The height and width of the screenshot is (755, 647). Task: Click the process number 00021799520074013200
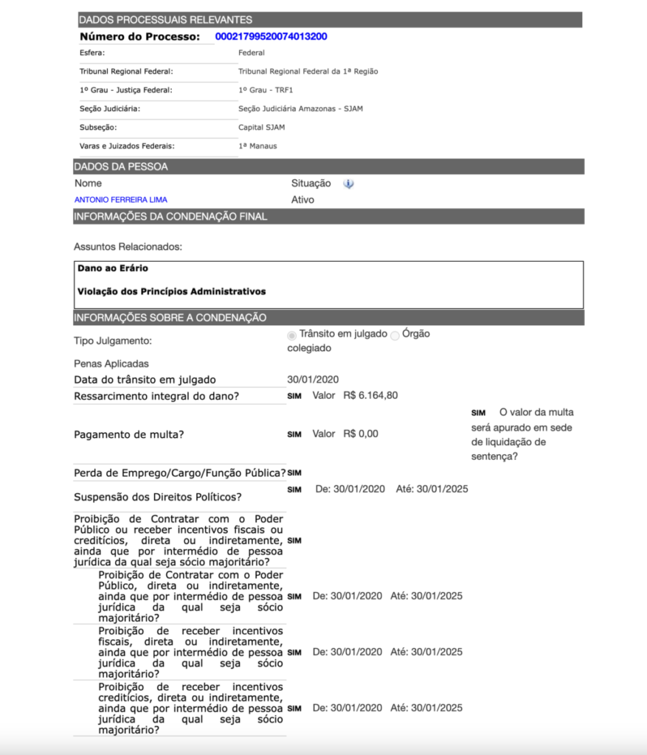271,36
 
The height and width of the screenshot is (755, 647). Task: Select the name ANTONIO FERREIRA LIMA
121,200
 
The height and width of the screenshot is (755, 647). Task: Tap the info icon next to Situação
348,184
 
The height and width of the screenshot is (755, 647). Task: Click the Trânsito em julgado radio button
292,335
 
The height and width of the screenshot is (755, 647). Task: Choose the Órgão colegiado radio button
395,335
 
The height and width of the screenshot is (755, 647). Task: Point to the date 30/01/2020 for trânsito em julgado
313,380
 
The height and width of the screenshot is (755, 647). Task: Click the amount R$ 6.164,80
370,395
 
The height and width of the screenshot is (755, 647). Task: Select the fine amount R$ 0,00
361,434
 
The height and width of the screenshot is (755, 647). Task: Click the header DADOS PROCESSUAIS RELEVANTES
165,20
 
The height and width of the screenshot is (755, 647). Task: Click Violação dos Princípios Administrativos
171,291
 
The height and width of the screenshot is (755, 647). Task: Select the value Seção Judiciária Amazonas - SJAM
300,108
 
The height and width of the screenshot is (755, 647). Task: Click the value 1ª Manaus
257,146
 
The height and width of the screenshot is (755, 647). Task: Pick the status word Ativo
302,200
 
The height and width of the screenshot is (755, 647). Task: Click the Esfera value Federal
252,53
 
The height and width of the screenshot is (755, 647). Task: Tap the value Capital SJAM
261,128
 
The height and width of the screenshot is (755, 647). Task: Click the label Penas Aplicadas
111,363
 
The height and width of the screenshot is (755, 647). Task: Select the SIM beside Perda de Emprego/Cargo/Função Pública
294,473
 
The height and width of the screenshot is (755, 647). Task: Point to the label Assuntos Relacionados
128,246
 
